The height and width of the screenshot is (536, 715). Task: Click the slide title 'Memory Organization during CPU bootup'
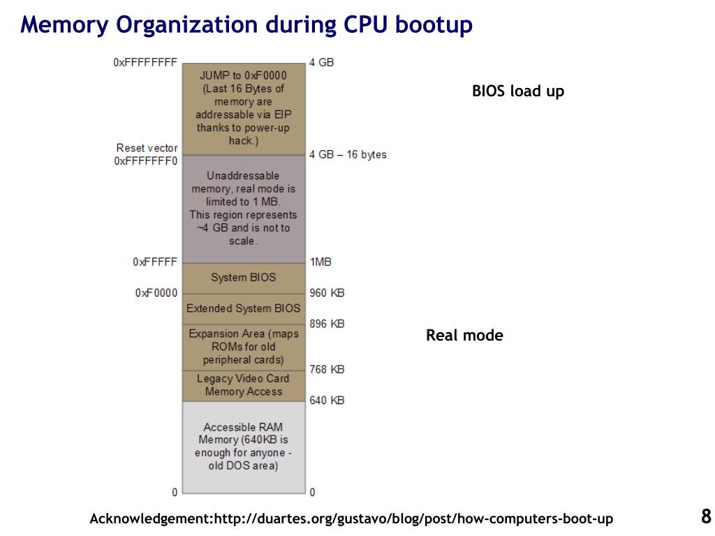(246, 24)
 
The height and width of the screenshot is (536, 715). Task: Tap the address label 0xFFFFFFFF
(145, 62)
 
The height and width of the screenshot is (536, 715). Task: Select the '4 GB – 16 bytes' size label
(348, 154)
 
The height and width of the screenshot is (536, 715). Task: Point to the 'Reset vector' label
(147, 148)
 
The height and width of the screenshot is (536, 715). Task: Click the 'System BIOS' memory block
(243, 277)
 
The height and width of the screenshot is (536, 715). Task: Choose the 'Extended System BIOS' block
(243, 308)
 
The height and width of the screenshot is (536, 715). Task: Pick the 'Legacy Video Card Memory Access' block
(243, 385)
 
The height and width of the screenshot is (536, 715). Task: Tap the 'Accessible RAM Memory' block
(243, 447)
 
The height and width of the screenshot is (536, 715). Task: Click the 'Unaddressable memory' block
(243, 208)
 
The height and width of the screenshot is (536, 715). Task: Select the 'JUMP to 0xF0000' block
(243, 108)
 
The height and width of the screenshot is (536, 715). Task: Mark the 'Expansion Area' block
(243, 347)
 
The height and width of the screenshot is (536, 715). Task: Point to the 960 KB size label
(327, 293)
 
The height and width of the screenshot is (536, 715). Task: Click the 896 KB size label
(327, 324)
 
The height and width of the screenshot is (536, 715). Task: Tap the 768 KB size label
(327, 369)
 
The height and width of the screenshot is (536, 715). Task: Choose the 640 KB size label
(327, 401)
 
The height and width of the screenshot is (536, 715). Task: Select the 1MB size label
(320, 262)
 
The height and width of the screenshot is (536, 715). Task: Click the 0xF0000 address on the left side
(156, 293)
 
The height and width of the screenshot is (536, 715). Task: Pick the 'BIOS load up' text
(518, 91)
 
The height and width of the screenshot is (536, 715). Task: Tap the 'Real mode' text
(464, 336)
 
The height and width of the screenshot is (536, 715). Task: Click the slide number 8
(706, 516)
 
